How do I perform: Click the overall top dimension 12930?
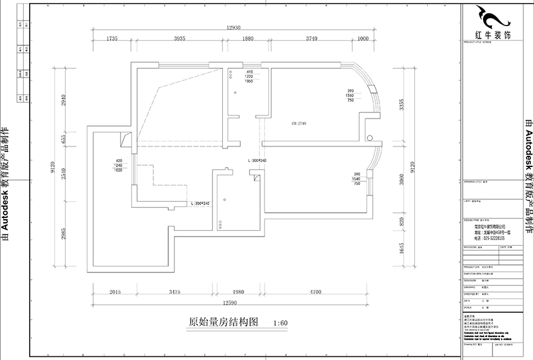click(233, 28)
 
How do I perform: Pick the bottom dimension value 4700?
click(315, 291)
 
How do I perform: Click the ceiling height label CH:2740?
click(299, 124)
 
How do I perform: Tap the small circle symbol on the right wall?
click(369, 137)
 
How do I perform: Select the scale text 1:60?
click(280, 323)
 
